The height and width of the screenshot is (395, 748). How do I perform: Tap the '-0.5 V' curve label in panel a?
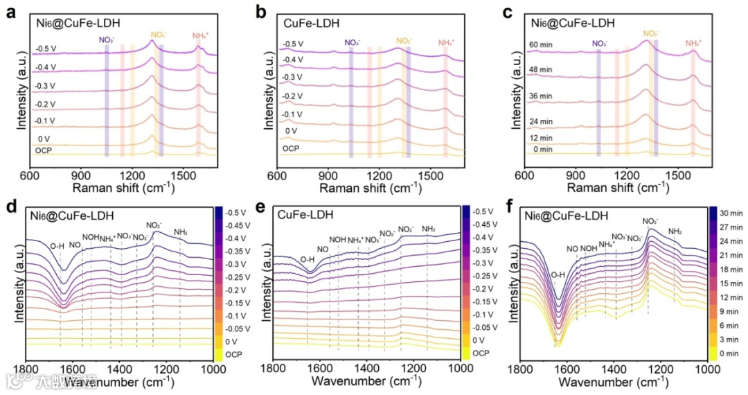point(46,49)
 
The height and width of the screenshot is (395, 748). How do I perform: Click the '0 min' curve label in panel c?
point(542,149)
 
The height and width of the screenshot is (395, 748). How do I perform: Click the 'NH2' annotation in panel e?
point(429,229)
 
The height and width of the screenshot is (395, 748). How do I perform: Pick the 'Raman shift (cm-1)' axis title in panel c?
point(619,188)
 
